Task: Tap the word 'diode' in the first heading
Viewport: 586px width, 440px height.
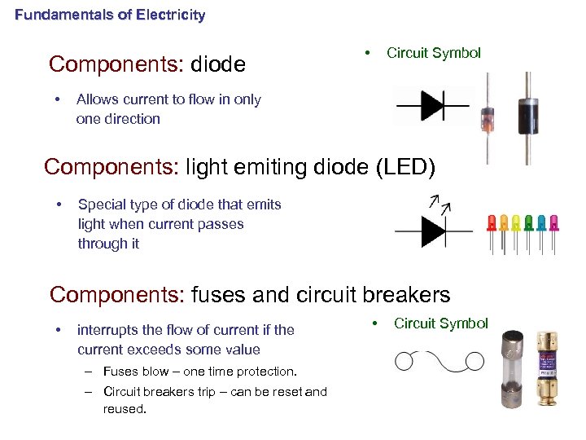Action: click(218, 64)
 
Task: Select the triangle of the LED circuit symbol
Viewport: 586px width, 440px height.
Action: click(432, 231)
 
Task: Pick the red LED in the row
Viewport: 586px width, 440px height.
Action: click(491, 222)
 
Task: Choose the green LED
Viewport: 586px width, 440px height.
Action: click(529, 222)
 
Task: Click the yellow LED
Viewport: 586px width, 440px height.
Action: click(516, 222)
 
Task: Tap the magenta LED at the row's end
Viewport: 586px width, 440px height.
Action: click(554, 222)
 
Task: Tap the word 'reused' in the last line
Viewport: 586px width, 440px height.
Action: click(123, 409)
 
